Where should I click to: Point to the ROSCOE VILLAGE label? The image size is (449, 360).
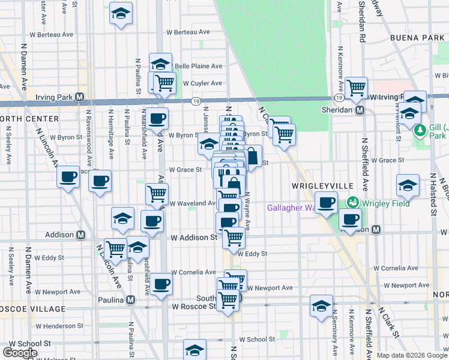point(33,309)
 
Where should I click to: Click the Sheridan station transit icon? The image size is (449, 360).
point(360,110)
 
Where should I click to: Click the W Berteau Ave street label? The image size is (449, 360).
point(188,32)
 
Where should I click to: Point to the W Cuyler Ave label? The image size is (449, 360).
point(202,83)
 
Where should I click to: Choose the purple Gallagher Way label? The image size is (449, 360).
point(291,208)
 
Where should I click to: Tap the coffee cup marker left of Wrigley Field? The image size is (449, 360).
point(326,203)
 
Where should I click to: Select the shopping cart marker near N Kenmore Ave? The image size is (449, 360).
point(357,88)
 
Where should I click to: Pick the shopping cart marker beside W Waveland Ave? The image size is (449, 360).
point(157,193)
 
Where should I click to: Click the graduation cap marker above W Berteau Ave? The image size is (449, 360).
point(121,13)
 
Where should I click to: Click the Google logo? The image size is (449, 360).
point(19,353)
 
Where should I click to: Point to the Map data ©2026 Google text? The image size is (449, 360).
point(411,355)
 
